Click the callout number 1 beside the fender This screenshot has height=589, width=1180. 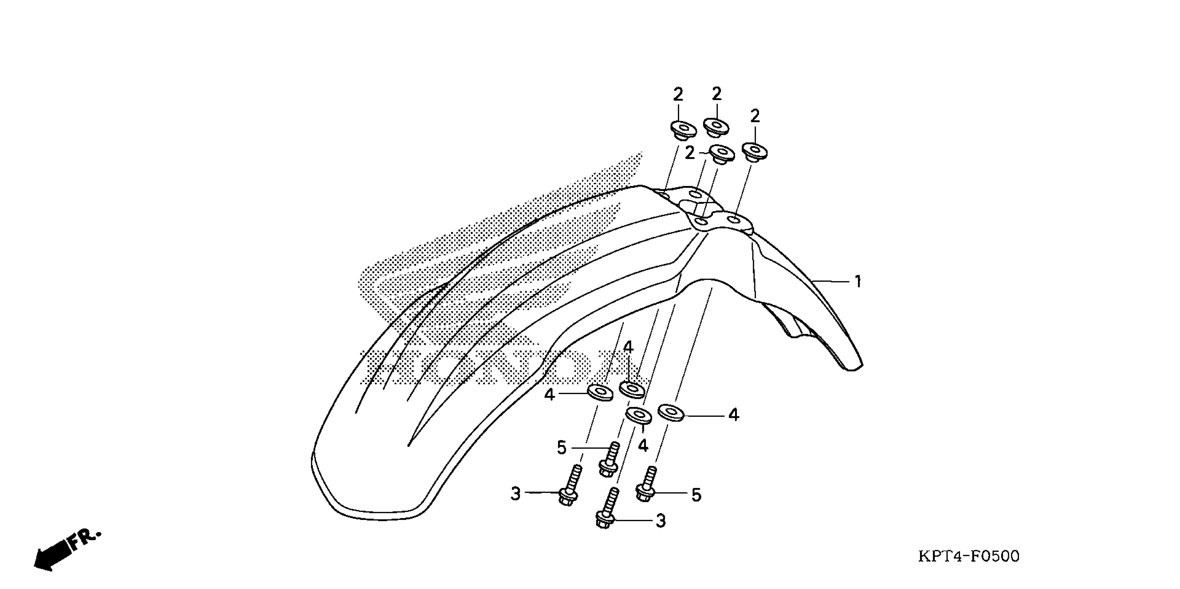click(x=858, y=281)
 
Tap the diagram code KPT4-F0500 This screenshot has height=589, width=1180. click(x=969, y=556)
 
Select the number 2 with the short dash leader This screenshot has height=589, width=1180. click(x=690, y=153)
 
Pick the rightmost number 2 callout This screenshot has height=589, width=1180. click(x=755, y=116)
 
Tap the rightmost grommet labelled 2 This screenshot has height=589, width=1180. click(x=755, y=151)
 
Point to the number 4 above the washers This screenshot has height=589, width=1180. click(x=628, y=348)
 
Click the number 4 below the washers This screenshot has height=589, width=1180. click(x=643, y=445)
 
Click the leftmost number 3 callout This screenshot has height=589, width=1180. click(x=516, y=494)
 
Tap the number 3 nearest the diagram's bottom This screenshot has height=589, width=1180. click(x=661, y=520)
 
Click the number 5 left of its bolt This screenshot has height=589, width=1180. click(x=562, y=448)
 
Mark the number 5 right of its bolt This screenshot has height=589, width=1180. click(x=696, y=495)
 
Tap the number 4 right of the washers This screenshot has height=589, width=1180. click(x=734, y=415)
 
